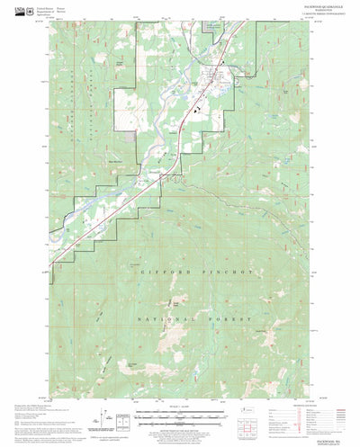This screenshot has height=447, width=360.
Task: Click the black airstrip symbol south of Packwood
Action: (x=193, y=108)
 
